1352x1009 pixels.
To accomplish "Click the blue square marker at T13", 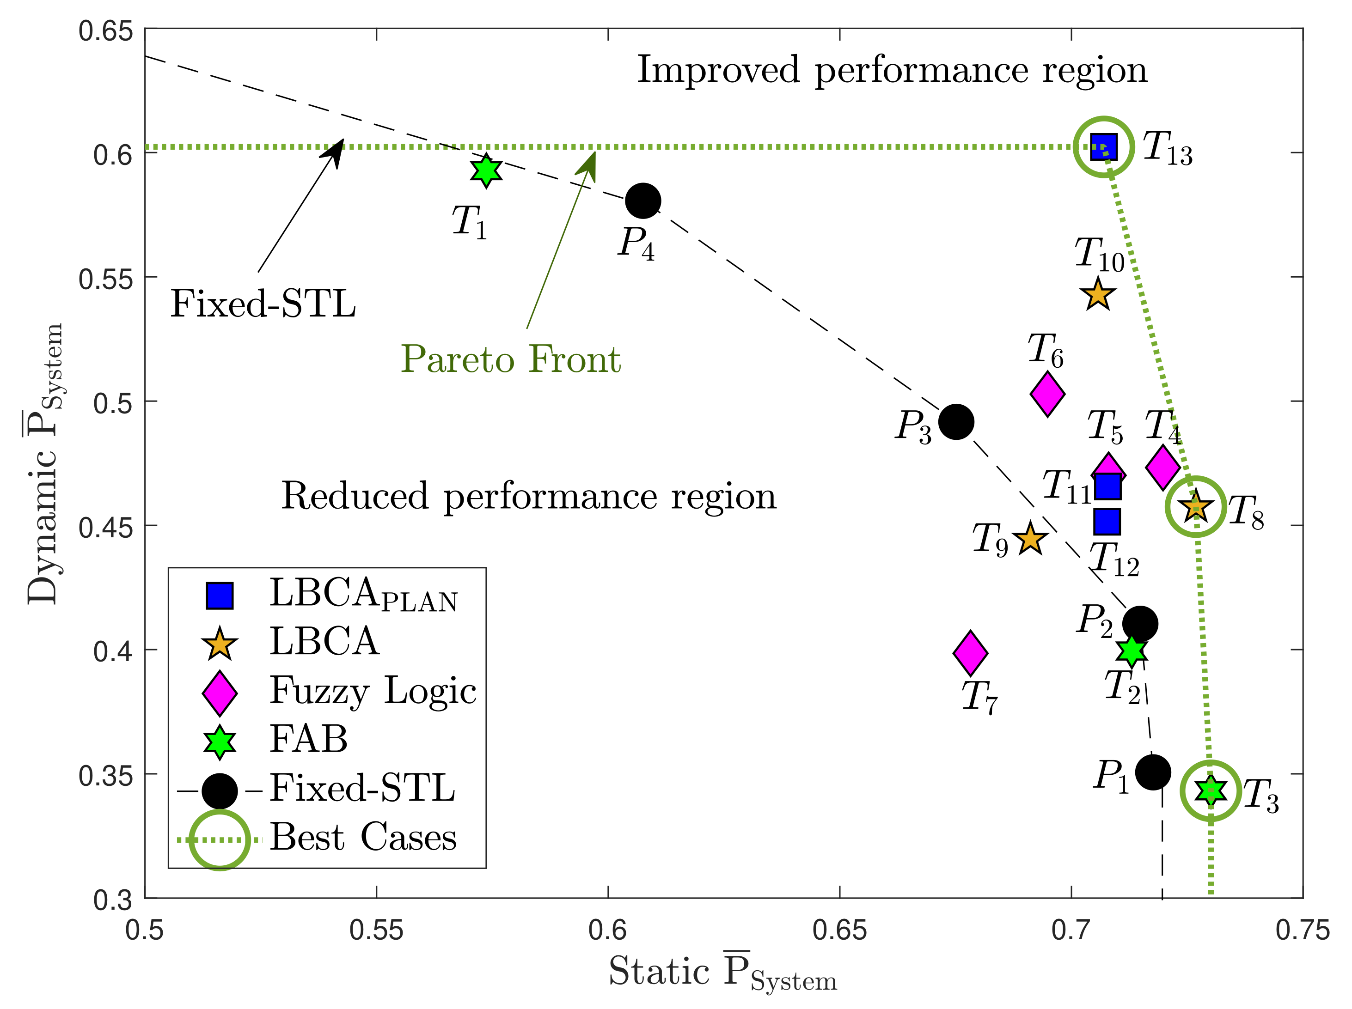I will click(x=1103, y=146).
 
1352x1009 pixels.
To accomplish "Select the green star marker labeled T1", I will click(x=486, y=170).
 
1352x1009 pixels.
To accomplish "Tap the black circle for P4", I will click(x=642, y=201).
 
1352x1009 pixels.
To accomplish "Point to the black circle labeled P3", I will click(x=955, y=421).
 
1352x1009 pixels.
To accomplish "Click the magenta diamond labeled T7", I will click(x=970, y=652).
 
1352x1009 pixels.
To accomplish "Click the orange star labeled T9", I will click(x=1030, y=539).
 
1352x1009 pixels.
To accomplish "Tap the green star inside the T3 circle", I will click(x=1210, y=790).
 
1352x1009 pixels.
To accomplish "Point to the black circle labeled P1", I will click(x=1152, y=772).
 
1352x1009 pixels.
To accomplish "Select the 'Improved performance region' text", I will click(x=892, y=70).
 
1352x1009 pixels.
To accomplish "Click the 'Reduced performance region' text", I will click(x=528, y=496).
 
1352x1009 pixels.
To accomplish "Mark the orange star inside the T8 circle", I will click(x=1195, y=507).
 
